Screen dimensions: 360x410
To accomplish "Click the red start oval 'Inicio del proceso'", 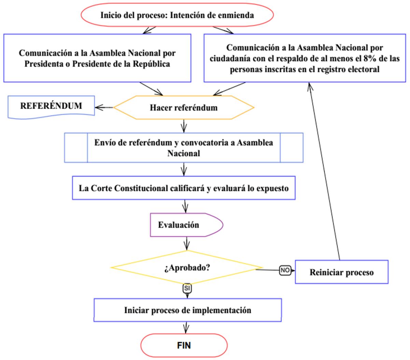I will coord(177,15).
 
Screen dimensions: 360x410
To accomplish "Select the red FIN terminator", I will coord(184,345).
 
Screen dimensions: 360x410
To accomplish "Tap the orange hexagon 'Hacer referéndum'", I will coord(184,108).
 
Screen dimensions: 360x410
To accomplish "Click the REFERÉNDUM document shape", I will coord(51,106).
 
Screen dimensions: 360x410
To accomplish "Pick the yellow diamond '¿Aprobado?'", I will coord(187,267).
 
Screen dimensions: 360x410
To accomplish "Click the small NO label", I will coord(285,270).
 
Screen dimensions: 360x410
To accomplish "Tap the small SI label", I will coord(187,288).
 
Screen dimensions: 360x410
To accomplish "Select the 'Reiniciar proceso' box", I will coord(341,272).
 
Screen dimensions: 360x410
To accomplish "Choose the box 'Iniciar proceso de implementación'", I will coord(187,310).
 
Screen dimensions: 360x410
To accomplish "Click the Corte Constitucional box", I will coord(184,188).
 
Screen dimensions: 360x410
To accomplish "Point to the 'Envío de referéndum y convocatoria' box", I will coord(184,148).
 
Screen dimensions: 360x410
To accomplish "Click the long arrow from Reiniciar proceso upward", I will coord(324,171).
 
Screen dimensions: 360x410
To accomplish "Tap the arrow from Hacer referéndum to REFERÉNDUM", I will coord(104,108).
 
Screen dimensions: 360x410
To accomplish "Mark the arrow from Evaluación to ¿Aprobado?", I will coord(186,244).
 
